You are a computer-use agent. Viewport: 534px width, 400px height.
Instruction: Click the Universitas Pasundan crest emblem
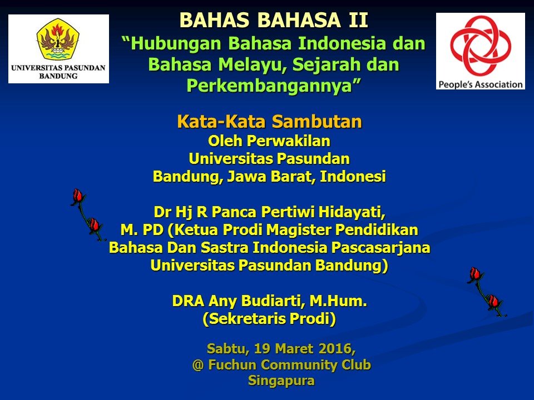point(58,39)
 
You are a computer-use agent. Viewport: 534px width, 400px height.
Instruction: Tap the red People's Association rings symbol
point(481,46)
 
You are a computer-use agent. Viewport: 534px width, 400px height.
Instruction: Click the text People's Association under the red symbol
point(481,84)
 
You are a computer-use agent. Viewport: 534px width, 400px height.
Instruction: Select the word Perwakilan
point(289,141)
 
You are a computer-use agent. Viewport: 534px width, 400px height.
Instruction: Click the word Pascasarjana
point(380,248)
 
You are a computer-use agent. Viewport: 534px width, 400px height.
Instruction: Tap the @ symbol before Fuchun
point(198,365)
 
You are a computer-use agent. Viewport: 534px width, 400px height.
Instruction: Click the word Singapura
point(281,380)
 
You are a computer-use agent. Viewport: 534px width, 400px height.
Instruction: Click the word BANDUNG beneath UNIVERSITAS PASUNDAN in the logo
point(58,76)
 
